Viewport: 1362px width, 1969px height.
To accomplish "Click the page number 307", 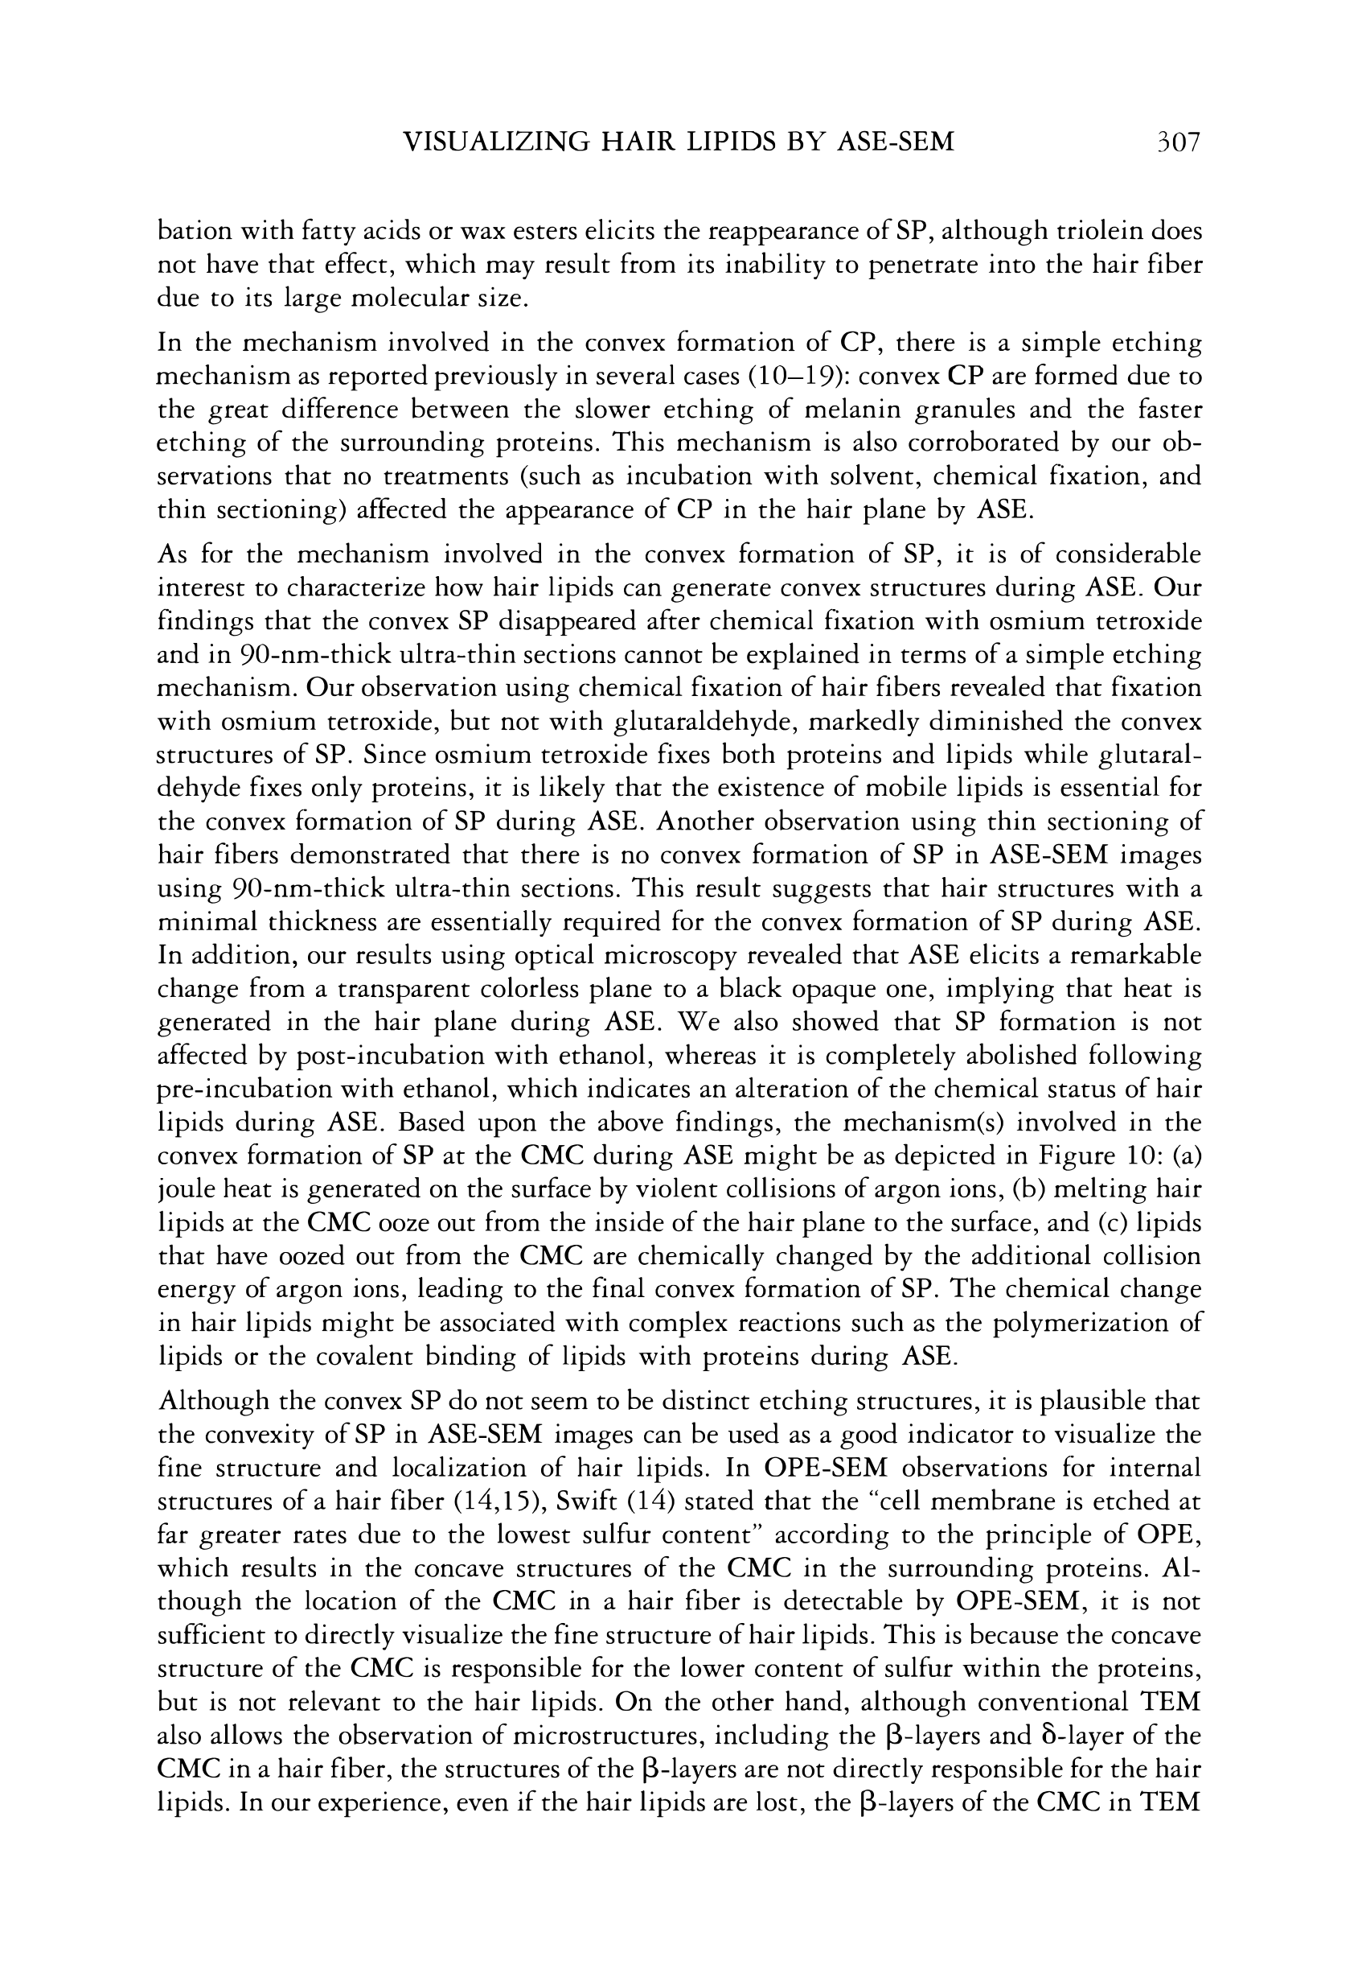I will (1177, 140).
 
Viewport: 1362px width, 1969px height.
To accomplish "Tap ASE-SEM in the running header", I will (895, 140).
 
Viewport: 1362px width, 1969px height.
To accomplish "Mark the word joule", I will (184, 1189).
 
